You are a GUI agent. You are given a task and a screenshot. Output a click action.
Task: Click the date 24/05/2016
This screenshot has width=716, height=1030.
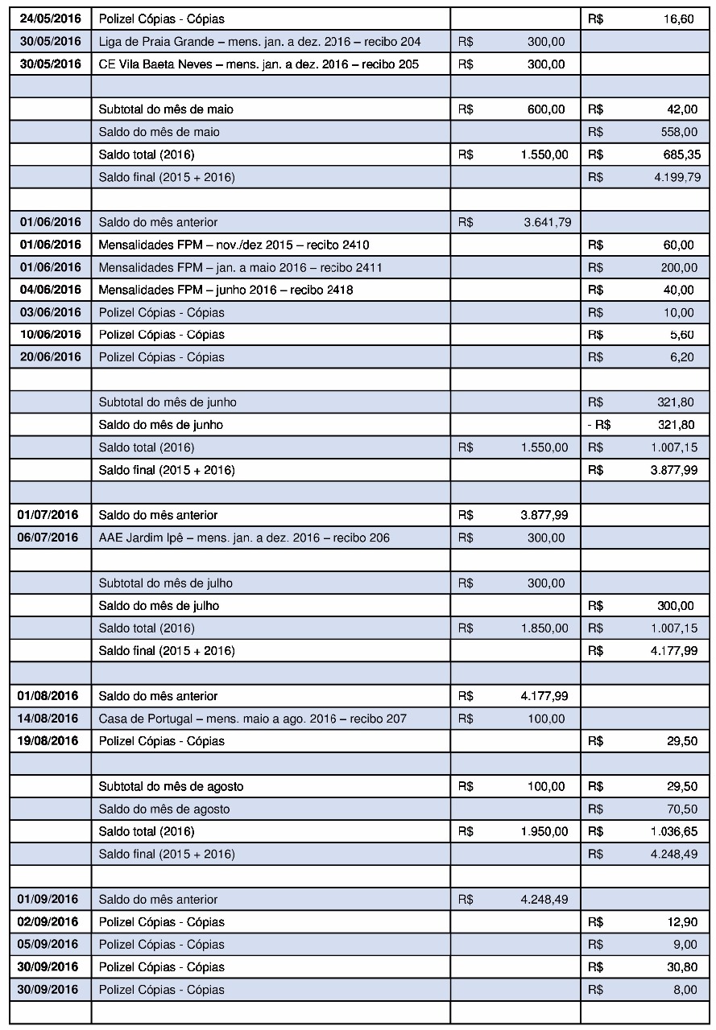point(50,19)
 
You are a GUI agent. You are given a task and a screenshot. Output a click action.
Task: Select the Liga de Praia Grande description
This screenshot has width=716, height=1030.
point(259,41)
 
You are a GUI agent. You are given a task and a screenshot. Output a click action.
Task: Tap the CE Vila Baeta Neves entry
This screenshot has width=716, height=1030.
point(259,64)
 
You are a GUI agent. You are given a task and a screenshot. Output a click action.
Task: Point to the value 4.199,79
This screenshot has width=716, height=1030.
point(674,177)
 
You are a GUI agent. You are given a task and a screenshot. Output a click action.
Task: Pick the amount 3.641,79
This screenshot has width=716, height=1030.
point(545,222)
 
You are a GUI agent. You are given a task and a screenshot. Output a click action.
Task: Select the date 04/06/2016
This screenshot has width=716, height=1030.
point(50,290)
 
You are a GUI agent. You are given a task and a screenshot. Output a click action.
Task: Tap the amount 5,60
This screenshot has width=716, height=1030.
point(684,335)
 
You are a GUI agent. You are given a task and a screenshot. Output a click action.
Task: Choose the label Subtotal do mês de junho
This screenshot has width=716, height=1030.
point(168,402)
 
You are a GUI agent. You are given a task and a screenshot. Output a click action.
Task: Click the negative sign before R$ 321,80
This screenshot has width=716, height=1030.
point(591,425)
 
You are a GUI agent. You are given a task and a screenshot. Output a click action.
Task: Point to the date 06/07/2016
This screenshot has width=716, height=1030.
point(50,538)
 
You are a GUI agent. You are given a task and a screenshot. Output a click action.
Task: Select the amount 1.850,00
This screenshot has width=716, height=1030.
point(545,628)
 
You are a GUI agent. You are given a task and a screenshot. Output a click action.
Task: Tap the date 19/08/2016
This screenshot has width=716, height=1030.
point(50,740)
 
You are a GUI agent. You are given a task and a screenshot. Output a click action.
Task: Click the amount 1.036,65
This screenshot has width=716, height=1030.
point(674,830)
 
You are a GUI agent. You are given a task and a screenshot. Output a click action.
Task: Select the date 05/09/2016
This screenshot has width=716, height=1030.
point(50,945)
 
